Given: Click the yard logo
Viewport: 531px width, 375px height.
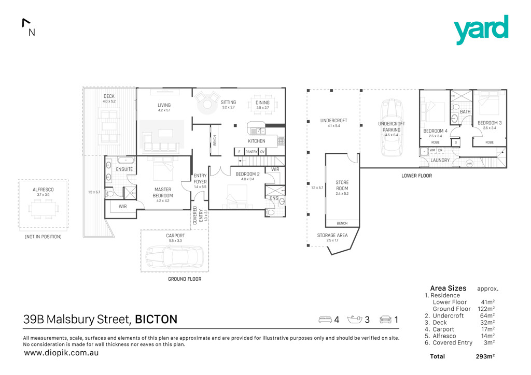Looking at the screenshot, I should tap(481, 30).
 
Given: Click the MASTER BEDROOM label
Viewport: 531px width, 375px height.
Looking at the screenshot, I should tap(162, 193).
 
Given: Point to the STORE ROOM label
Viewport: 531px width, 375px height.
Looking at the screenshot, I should tap(342, 185).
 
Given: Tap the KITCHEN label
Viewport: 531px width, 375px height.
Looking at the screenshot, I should tap(256, 141).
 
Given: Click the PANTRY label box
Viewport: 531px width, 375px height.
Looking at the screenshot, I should tap(251, 152).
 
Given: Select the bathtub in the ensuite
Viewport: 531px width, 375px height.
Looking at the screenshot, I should tap(125, 161).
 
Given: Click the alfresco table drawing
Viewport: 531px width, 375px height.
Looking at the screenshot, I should tap(43, 209).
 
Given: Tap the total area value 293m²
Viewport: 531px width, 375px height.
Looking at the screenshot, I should tap(485, 357).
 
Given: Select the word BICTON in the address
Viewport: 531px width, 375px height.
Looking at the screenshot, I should tap(156, 320).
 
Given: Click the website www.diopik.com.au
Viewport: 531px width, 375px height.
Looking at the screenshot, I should tap(61, 353).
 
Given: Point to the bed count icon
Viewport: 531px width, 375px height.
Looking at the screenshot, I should tap(325, 320).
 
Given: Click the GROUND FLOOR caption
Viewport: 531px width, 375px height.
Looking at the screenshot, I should tap(184, 279).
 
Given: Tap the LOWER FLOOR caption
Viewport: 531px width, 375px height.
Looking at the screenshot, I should tap(416, 176).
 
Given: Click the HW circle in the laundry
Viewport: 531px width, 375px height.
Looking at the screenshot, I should tap(469, 164).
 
